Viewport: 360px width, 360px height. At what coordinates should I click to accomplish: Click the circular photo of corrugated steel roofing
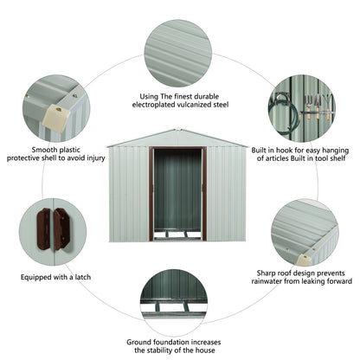tap(178, 52)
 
